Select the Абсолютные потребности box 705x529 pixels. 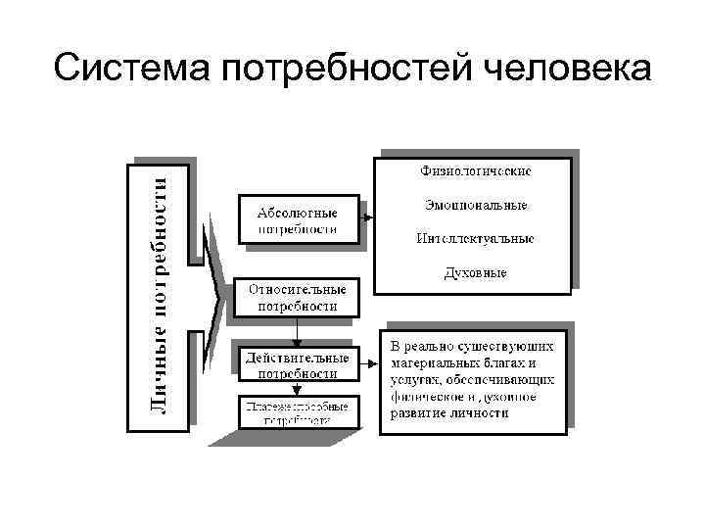(x=298, y=220)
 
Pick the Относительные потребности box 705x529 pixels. (x=297, y=298)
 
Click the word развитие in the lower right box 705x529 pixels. (x=420, y=412)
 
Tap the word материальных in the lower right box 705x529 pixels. (x=432, y=362)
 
